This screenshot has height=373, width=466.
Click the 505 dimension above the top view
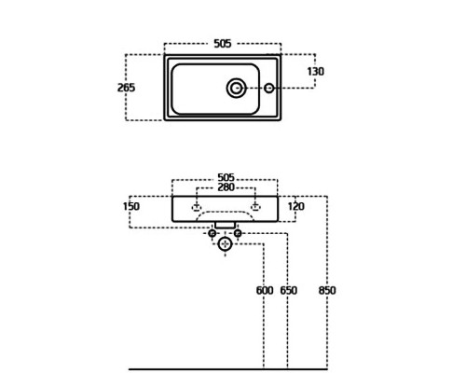(x=223, y=44)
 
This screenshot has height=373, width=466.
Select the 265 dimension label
(x=126, y=88)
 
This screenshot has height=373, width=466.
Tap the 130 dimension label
(x=316, y=72)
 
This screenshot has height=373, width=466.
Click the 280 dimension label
(x=226, y=187)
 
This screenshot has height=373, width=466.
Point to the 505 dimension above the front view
(x=226, y=177)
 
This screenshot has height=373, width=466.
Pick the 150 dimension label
(x=131, y=206)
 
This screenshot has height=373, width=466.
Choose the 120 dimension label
(x=296, y=206)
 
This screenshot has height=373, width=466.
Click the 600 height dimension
(x=265, y=291)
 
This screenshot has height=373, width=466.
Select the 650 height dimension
(x=289, y=291)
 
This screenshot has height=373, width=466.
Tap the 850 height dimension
(x=327, y=291)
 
